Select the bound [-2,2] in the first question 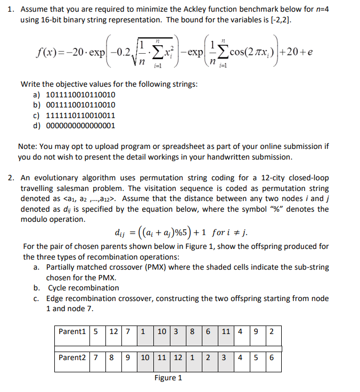coord(274,20)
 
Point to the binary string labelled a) coord(80,95)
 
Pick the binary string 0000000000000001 coord(80,125)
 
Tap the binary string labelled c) coord(80,115)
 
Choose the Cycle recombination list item coord(83,288)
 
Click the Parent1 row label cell coord(72,331)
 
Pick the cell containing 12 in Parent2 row coord(178,357)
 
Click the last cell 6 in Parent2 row coord(272,357)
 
